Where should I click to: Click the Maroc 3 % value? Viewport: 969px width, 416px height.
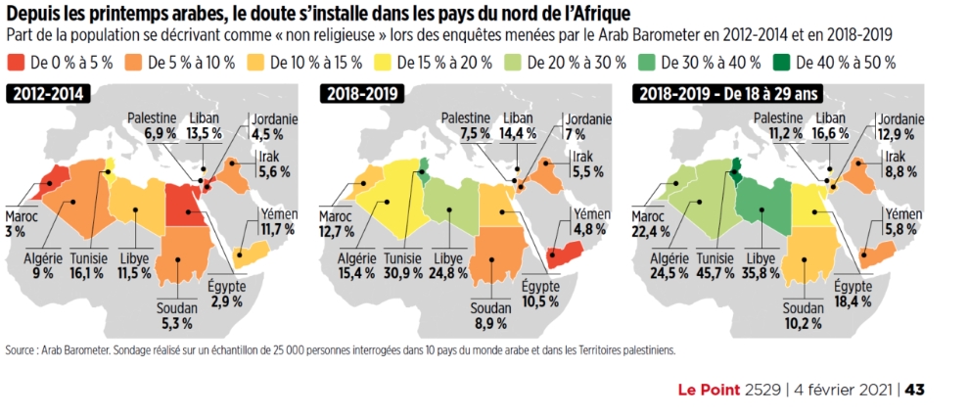click(15, 230)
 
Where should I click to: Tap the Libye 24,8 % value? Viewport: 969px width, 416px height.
click(449, 272)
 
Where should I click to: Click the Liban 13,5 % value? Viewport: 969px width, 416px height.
click(200, 133)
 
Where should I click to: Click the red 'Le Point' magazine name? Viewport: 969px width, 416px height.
click(711, 390)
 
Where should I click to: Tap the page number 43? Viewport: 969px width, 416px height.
click(915, 390)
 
